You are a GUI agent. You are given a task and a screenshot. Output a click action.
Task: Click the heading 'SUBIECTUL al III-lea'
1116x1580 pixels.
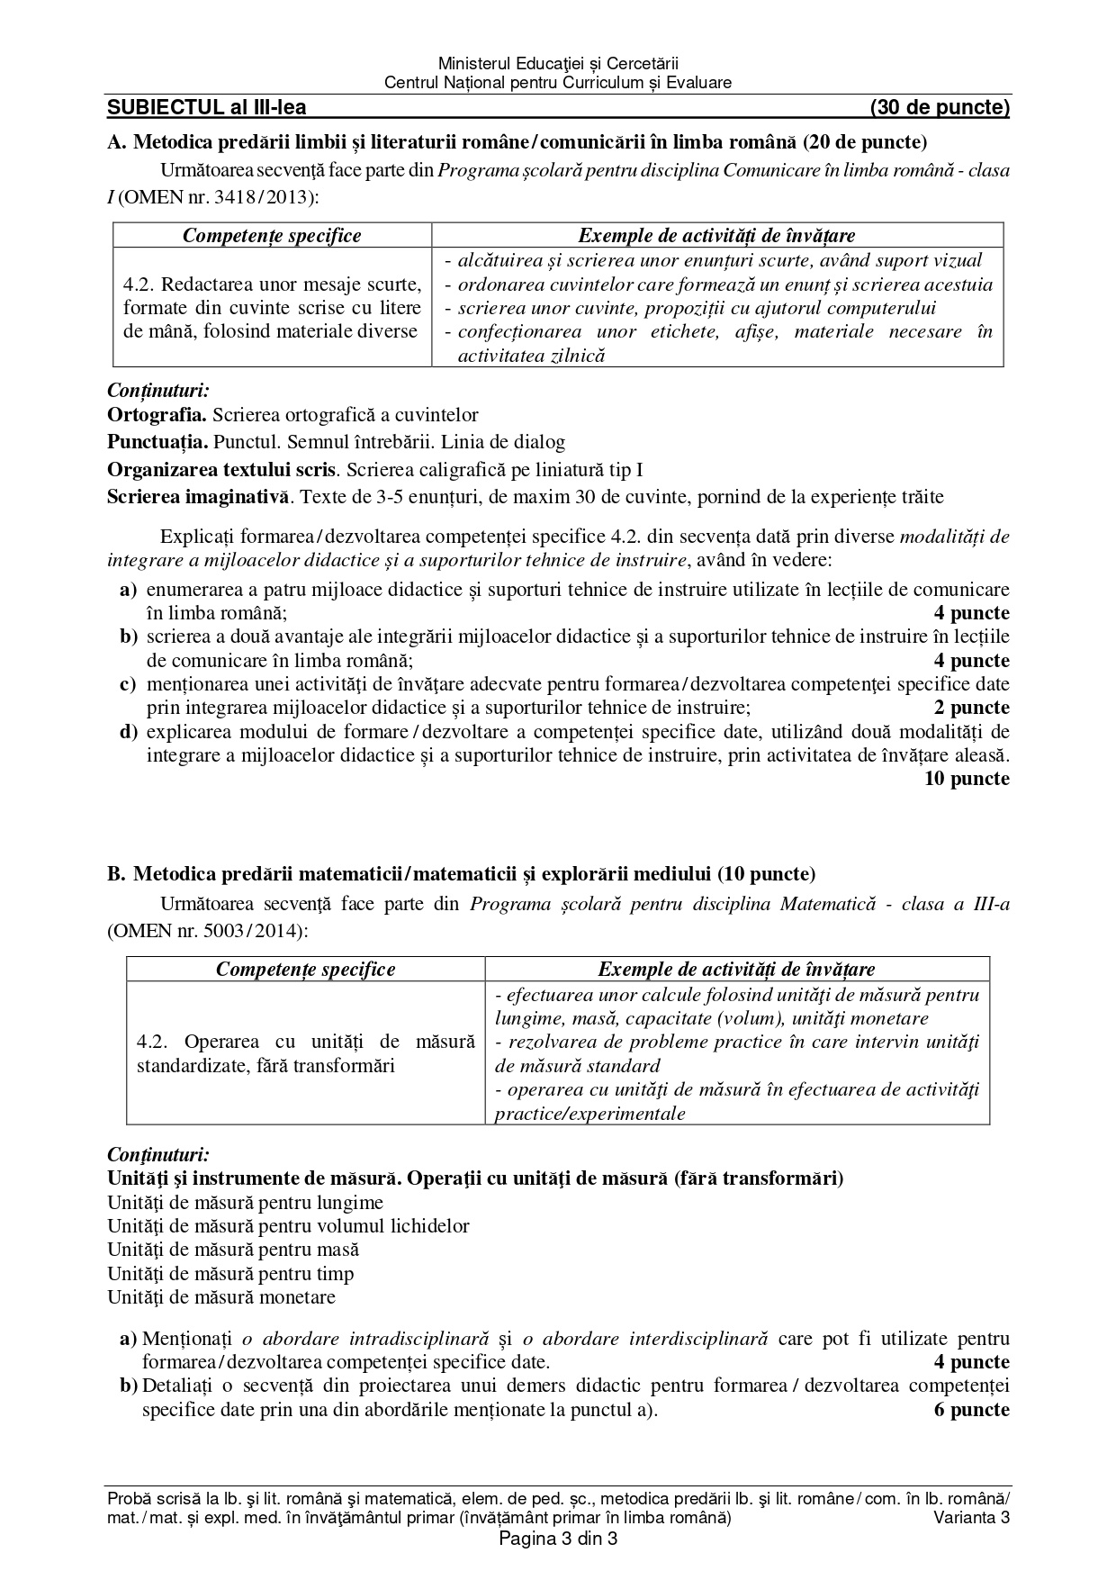point(206,108)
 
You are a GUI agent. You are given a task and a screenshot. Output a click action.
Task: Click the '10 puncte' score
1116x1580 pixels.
point(967,779)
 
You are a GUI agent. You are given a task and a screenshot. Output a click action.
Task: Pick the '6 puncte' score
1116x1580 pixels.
point(972,1409)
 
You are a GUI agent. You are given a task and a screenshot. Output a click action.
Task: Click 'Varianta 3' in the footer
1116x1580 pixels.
point(972,1518)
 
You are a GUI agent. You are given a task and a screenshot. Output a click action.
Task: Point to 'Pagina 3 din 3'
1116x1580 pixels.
point(558,1539)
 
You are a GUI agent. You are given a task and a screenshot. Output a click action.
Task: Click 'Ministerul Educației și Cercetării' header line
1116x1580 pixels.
point(558,64)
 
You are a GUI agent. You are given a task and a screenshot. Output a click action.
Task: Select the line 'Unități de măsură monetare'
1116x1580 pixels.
point(221,1297)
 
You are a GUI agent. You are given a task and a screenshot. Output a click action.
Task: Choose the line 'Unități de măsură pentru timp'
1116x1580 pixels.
point(230,1274)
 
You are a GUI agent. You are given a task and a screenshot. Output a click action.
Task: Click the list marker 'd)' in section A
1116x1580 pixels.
point(129,731)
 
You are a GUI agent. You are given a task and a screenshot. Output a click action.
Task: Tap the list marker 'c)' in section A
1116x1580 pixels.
point(129,684)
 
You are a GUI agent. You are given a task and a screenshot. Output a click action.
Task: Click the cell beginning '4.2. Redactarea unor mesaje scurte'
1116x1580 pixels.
point(272,308)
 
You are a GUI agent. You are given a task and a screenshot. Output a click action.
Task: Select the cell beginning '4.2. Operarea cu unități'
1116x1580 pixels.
point(305,1053)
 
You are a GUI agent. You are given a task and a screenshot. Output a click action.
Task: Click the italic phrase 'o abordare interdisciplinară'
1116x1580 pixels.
point(655,1339)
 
